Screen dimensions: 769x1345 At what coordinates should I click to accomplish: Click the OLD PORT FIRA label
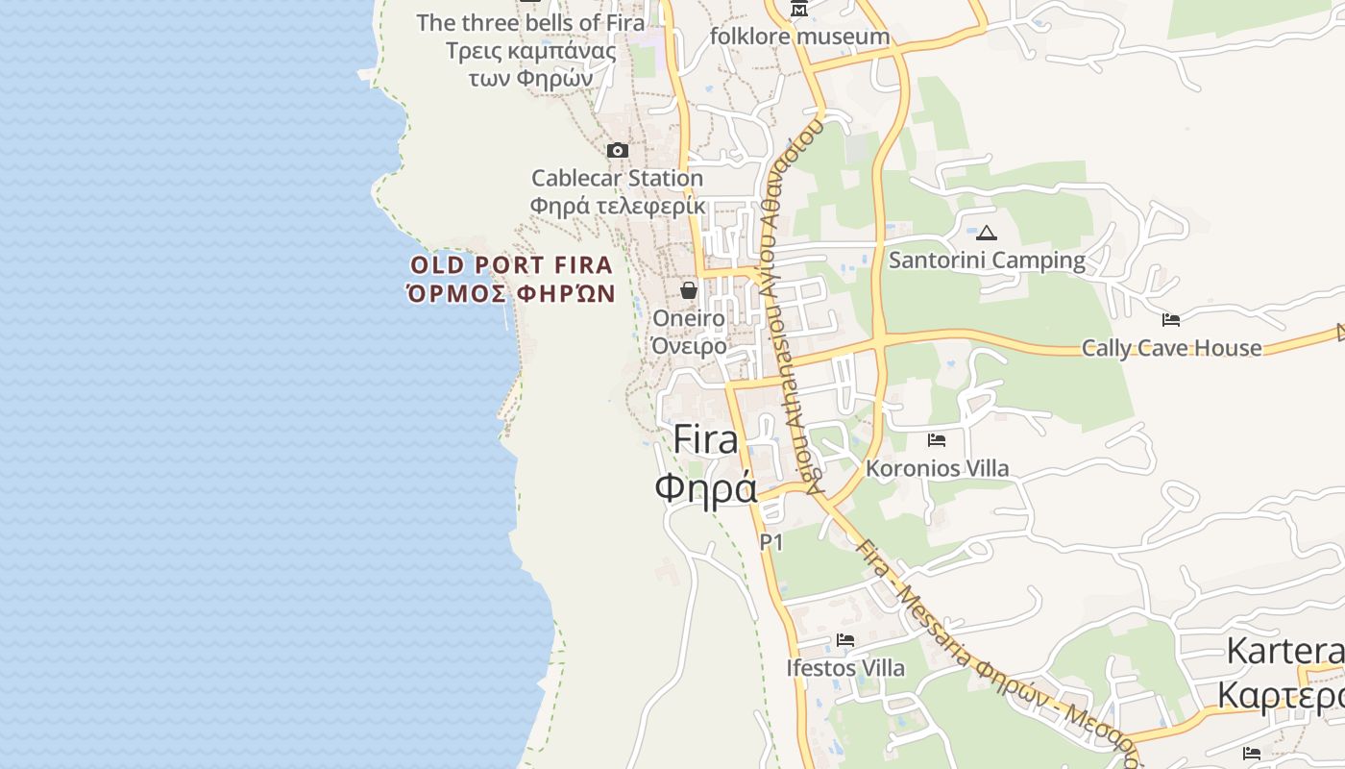click(511, 265)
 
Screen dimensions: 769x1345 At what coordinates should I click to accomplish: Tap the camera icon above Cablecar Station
click(618, 150)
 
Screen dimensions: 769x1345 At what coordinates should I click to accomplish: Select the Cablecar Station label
click(617, 179)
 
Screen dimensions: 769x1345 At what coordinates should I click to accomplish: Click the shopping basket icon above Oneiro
click(689, 290)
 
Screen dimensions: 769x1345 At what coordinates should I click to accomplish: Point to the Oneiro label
click(689, 318)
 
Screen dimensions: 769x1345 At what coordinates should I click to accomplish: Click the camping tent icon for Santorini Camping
click(987, 233)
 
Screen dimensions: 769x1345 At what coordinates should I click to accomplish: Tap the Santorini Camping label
click(987, 260)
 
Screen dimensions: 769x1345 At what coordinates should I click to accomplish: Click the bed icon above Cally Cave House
click(1171, 320)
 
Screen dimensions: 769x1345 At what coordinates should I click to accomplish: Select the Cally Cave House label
click(1171, 348)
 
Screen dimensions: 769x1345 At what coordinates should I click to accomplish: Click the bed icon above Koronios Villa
click(937, 440)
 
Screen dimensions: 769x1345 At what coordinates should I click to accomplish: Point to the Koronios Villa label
click(937, 468)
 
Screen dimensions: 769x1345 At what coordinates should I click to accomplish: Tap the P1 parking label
click(771, 542)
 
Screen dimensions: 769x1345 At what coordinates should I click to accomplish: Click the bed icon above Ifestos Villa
click(845, 639)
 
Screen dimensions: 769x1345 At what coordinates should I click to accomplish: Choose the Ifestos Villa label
click(845, 667)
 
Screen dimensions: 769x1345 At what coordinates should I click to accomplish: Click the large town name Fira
click(706, 439)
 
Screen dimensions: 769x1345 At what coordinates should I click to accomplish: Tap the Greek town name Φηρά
click(706, 487)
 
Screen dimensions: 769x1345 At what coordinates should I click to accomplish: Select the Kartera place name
click(1284, 651)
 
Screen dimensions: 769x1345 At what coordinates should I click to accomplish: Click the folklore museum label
click(799, 37)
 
